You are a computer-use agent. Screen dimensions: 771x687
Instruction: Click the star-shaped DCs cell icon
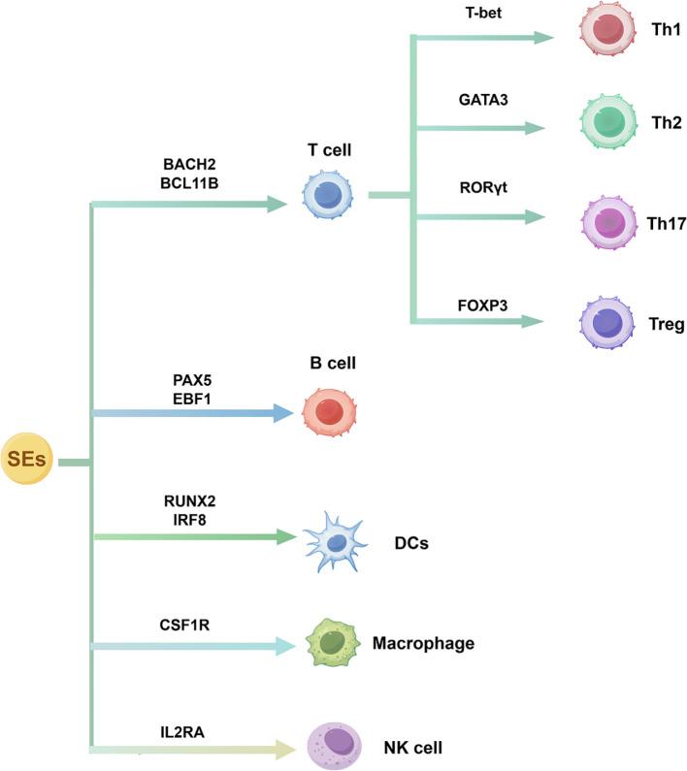pyautogui.click(x=334, y=540)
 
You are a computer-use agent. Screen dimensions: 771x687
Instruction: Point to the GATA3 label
pyautogui.click(x=483, y=99)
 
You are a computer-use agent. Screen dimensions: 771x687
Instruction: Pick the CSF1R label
pyautogui.click(x=186, y=626)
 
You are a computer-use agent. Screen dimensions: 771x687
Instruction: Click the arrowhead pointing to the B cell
pyautogui.click(x=282, y=413)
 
